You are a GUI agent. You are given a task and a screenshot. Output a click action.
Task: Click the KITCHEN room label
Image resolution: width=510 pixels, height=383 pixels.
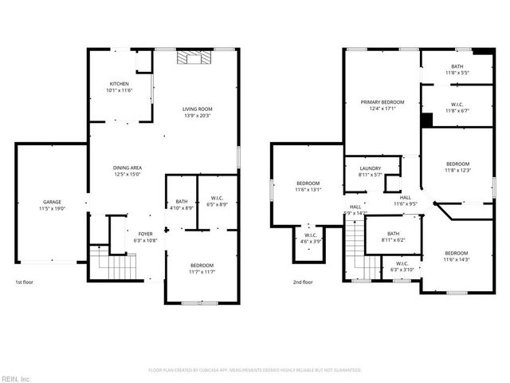coord(119,84)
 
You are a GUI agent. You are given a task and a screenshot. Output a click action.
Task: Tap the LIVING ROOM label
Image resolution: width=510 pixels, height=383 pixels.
coord(198,109)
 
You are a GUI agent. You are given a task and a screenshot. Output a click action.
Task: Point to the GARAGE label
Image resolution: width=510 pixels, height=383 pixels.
coord(52,202)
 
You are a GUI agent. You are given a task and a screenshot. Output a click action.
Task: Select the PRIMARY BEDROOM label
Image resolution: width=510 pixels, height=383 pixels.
coord(382,102)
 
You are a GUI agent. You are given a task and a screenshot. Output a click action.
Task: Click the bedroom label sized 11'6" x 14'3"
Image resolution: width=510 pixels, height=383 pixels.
coord(457,252)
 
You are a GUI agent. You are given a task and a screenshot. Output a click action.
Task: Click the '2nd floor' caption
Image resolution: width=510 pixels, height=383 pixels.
coord(302,282)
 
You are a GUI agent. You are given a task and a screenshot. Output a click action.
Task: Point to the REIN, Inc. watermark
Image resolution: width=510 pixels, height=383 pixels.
coord(16,377)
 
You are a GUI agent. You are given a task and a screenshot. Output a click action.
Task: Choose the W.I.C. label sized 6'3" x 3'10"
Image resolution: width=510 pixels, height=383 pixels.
coord(402,263)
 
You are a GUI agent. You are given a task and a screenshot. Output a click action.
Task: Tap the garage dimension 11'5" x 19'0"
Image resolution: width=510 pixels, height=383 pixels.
coord(52,208)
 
